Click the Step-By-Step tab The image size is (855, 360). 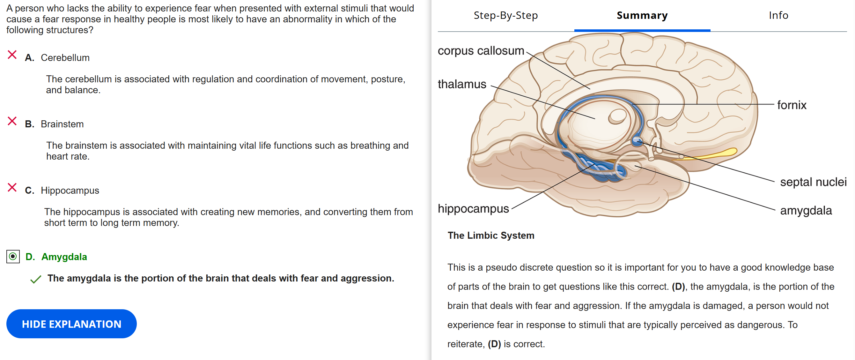click(x=505, y=15)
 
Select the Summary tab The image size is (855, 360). click(x=642, y=15)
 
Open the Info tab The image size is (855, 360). click(x=778, y=15)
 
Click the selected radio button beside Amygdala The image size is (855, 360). click(x=13, y=256)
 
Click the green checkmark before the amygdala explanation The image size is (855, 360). click(x=35, y=279)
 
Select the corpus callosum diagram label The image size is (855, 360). click(x=481, y=51)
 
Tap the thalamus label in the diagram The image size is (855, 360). click(x=462, y=84)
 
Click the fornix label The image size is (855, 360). click(x=792, y=105)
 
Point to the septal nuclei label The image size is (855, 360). click(x=813, y=182)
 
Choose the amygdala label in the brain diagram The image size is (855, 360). click(x=806, y=211)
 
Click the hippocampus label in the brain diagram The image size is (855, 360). click(x=473, y=208)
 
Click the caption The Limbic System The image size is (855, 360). click(x=490, y=236)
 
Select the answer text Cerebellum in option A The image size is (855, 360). click(x=65, y=58)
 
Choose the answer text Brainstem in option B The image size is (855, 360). click(x=62, y=124)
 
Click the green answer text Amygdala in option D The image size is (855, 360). click(x=64, y=257)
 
